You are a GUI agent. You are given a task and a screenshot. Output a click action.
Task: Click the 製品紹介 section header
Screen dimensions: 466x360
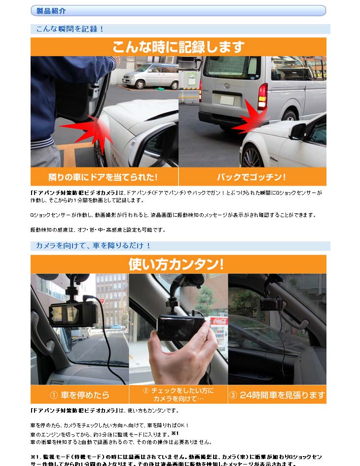pyautogui.click(x=51, y=10)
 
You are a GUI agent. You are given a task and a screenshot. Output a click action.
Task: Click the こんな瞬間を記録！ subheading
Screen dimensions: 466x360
pyautogui.click(x=70, y=29)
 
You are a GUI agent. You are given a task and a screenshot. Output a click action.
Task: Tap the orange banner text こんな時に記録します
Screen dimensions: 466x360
pyautogui.click(x=179, y=47)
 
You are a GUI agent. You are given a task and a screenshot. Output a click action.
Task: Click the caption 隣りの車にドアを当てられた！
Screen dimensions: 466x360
pyautogui.click(x=104, y=177)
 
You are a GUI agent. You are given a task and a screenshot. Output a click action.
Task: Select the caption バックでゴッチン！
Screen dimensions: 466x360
pyautogui.click(x=252, y=177)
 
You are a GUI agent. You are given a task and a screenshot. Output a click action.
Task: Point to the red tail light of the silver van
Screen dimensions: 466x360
pyautogui.click(x=262, y=96)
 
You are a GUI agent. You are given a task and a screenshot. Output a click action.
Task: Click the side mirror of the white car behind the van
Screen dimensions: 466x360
pyautogui.click(x=298, y=131)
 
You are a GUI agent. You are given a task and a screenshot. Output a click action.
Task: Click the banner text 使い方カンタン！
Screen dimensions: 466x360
pyautogui.click(x=177, y=264)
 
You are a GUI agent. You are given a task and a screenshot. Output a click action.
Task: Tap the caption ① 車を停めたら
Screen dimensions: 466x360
pyautogui.click(x=79, y=395)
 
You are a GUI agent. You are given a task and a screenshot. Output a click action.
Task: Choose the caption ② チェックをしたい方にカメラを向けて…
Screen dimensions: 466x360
pyautogui.click(x=179, y=394)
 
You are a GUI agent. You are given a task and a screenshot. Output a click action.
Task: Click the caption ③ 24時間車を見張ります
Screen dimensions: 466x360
pyautogui.click(x=277, y=395)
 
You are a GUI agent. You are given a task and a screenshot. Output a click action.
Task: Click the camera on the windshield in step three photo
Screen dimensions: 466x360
pyautogui.click(x=271, y=304)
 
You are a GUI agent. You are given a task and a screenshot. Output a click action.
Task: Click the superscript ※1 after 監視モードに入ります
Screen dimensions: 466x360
pyautogui.click(x=174, y=433)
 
